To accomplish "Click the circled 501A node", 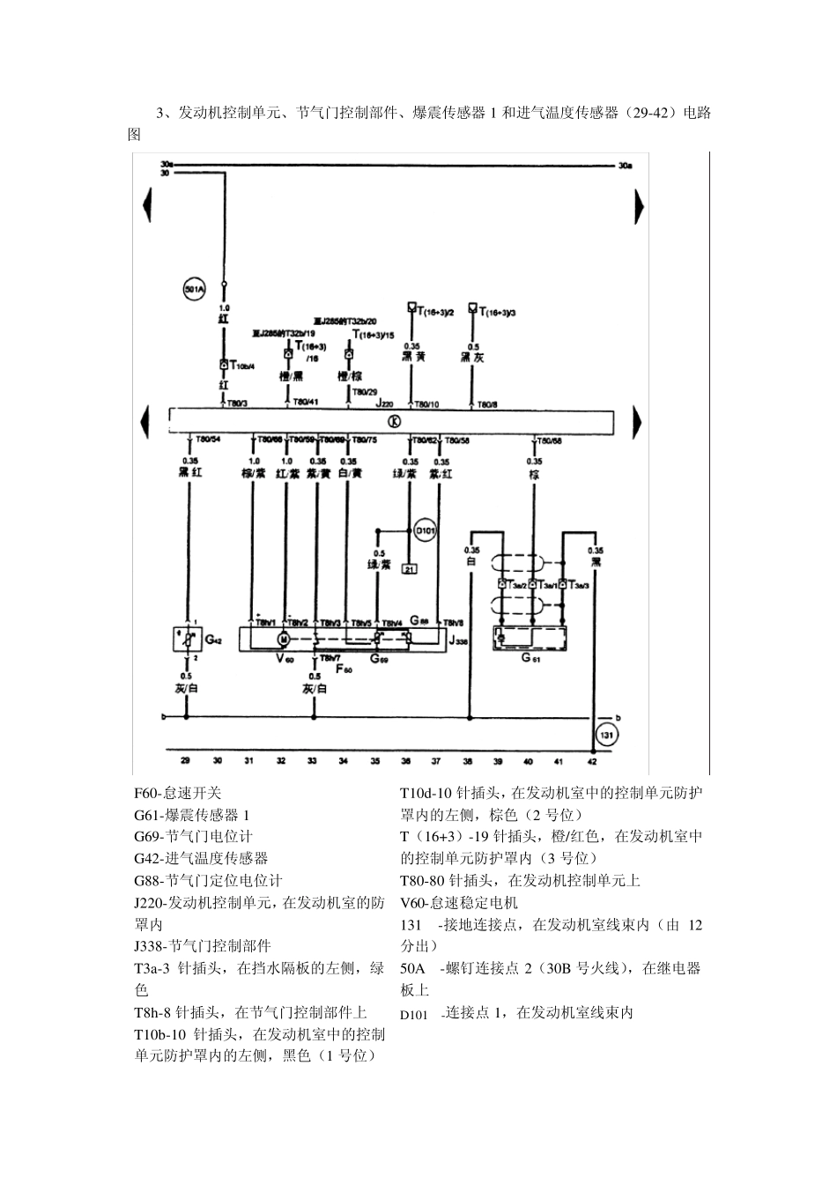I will [x=194, y=288].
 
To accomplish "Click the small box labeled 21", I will [x=409, y=569].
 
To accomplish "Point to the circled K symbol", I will [x=393, y=420].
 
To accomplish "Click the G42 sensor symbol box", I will [x=187, y=640].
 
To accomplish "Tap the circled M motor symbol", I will [x=284, y=638].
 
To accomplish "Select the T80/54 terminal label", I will [x=208, y=439].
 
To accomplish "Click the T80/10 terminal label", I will [x=426, y=404].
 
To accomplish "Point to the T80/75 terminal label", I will [x=364, y=439].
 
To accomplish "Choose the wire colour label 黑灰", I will [x=472, y=358].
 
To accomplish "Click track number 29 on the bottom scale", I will [x=185, y=759].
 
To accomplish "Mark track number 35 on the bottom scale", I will [x=374, y=759].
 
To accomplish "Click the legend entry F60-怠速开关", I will [x=178, y=793].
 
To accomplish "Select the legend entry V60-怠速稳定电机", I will [x=459, y=902].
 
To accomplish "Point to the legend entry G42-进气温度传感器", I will [x=201, y=858].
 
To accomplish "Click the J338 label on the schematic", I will [x=458, y=642].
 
